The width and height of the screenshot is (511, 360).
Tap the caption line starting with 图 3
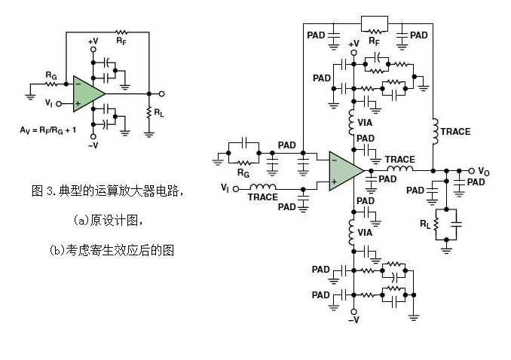(109, 191)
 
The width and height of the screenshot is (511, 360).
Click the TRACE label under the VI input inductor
(263, 197)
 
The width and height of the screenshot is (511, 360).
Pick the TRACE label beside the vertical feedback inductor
(455, 131)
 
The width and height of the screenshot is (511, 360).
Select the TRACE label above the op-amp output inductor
(399, 159)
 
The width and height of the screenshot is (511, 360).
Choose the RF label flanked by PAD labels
(374, 42)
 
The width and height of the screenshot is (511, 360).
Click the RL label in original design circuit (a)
(161, 112)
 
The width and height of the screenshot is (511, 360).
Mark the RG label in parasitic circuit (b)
(243, 173)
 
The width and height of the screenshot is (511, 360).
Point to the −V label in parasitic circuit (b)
(352, 320)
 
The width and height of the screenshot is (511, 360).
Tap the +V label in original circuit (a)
(93, 41)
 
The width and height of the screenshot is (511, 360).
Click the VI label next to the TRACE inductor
(225, 187)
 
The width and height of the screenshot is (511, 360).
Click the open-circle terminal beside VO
(472, 171)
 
